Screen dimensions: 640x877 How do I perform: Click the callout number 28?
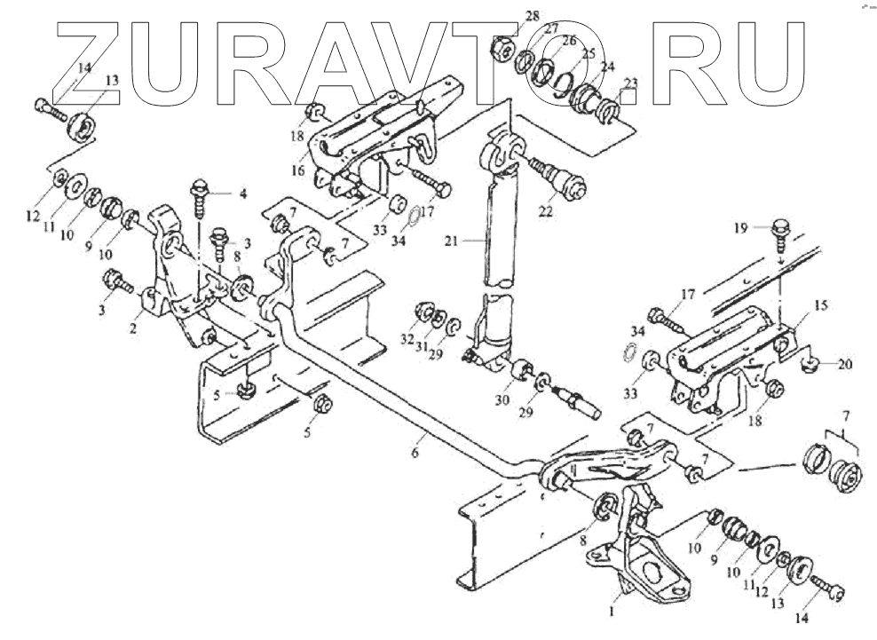point(532,17)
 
